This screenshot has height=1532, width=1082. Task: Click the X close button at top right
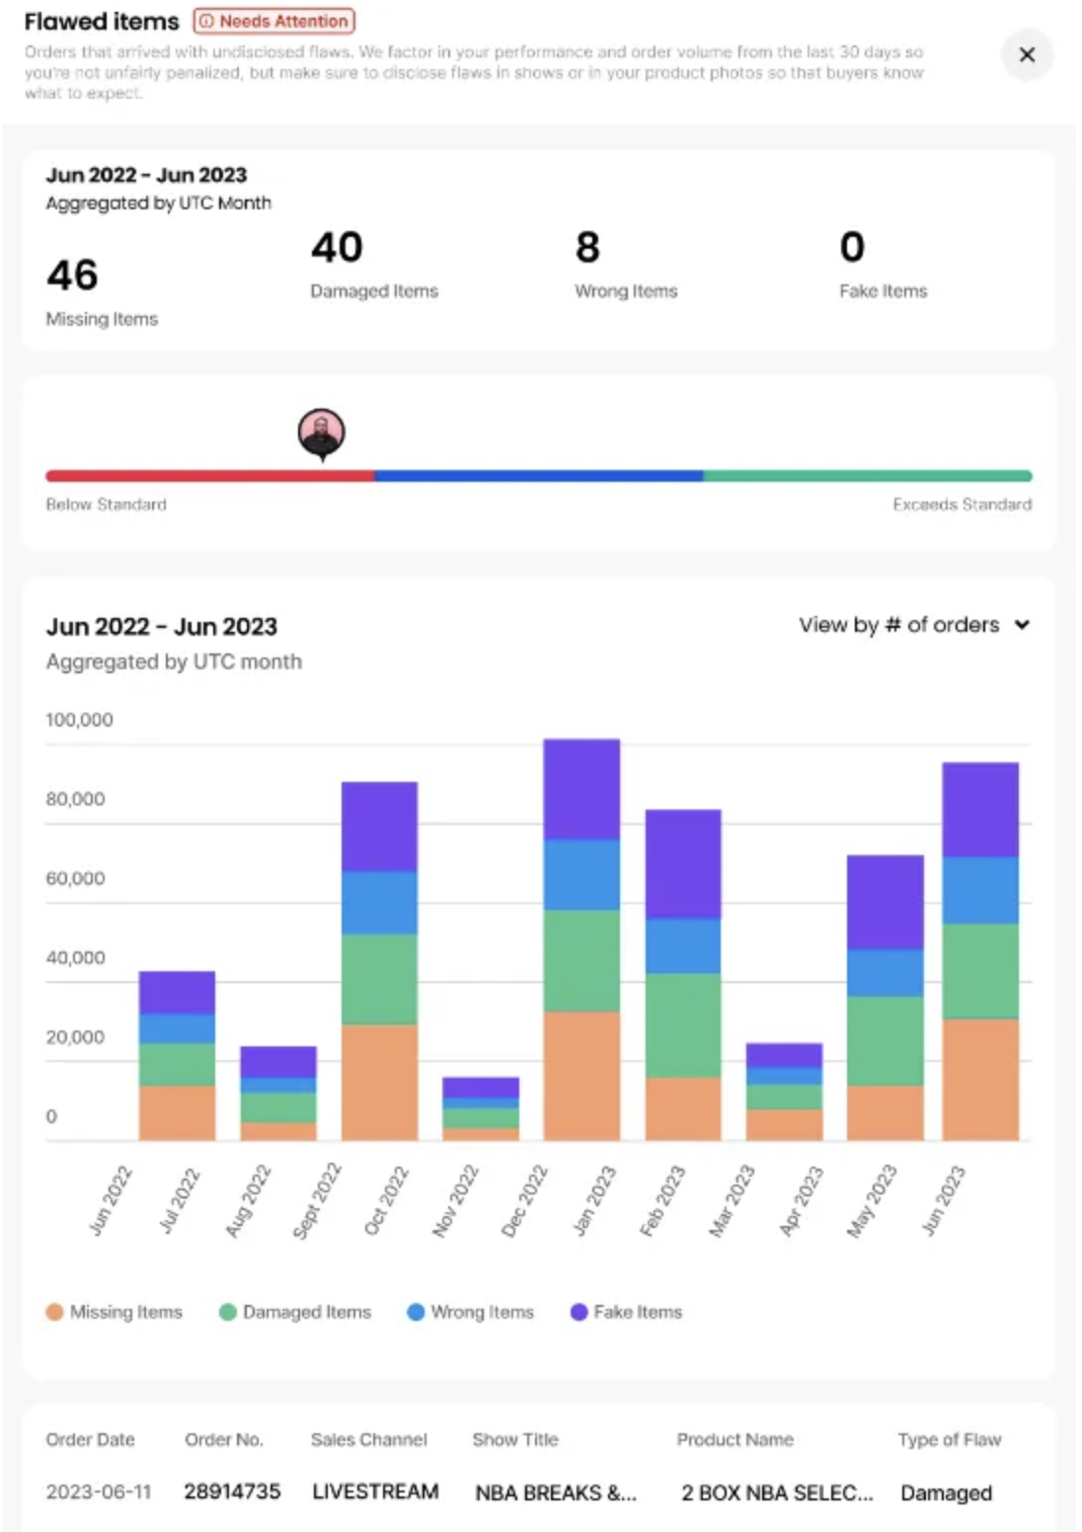pos(1027,54)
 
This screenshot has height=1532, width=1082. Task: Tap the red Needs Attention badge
pos(274,21)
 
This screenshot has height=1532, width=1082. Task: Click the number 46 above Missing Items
pos(72,275)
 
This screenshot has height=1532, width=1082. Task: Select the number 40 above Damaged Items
pos(337,248)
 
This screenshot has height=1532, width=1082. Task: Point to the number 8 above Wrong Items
pos(587,248)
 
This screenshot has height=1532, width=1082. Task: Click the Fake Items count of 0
pos(852,248)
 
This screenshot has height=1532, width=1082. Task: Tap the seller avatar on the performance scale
pos(322,432)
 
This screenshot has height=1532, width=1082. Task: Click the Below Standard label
pos(106,504)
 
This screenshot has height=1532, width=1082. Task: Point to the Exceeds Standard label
pos(962,504)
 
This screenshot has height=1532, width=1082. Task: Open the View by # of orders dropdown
pos(914,625)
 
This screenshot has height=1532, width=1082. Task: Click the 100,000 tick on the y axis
pos(79,720)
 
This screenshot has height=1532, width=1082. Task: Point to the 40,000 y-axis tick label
pos(75,957)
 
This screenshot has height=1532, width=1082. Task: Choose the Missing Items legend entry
pos(115,1312)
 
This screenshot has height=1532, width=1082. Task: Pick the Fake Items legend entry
pos(627,1312)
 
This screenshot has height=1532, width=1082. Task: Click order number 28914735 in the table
pos(232,1492)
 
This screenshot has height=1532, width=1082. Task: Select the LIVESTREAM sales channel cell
pos(375,1492)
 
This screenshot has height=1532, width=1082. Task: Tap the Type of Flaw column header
pos(949,1439)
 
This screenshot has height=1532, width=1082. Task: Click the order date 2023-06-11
pos(99,1492)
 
